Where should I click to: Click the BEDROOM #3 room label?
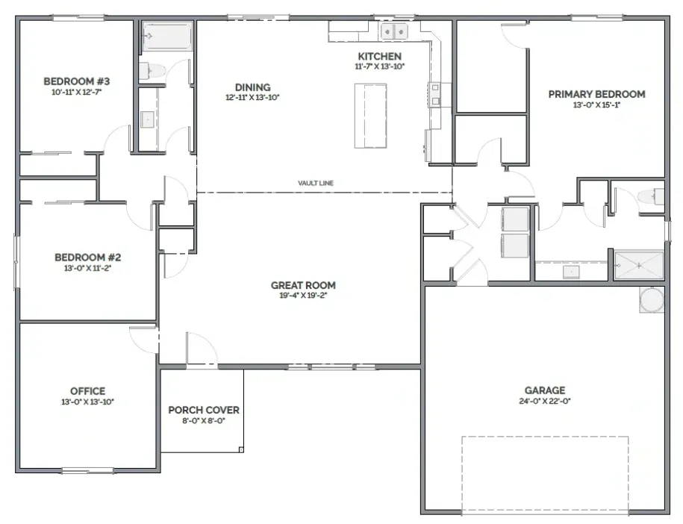click(77, 81)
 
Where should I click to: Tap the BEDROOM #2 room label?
click(87, 258)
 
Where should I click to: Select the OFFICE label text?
click(87, 391)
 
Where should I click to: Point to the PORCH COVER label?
click(204, 411)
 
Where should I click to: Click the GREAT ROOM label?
click(303, 285)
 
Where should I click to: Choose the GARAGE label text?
click(545, 390)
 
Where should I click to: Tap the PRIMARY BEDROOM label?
click(596, 94)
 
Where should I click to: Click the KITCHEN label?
click(379, 56)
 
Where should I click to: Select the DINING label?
click(252, 87)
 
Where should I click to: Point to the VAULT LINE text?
click(316, 183)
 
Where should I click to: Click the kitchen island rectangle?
click(371, 116)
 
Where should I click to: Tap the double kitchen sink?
click(394, 31)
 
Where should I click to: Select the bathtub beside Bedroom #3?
click(166, 36)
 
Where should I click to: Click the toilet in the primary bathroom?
click(651, 196)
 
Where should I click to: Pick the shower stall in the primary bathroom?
click(638, 265)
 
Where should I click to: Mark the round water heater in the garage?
click(652, 299)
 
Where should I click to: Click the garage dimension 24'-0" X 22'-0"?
click(545, 401)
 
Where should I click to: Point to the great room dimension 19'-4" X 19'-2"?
click(303, 296)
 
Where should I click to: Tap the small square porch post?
click(241, 449)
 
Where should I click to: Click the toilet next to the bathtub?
click(152, 70)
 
